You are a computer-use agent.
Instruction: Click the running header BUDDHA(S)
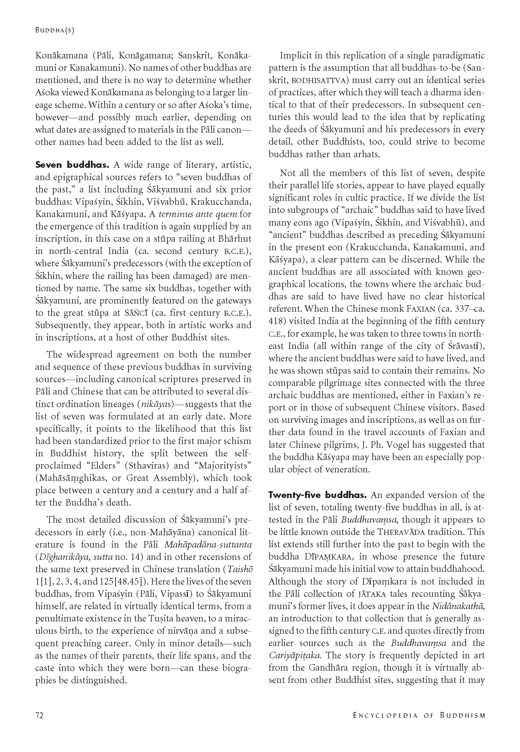(55, 30)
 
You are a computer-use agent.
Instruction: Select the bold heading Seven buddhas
(72, 165)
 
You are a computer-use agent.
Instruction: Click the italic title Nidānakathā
(458, 606)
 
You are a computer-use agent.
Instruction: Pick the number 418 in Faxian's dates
(276, 321)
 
